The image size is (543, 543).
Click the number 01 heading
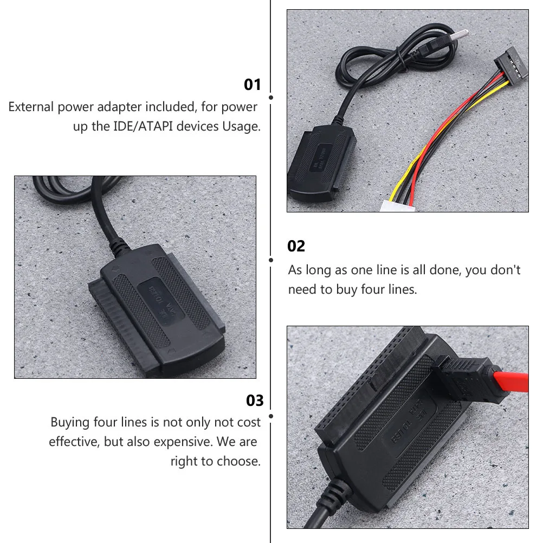pyautogui.click(x=253, y=85)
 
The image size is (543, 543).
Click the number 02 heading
pyautogui.click(x=296, y=247)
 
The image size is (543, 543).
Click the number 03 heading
pyautogui.click(x=255, y=401)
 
